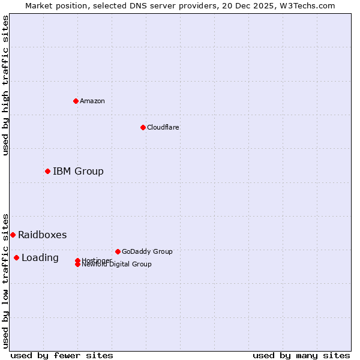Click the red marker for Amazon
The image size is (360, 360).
pyautogui.click(x=76, y=101)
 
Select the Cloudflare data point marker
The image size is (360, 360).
pyautogui.click(x=143, y=127)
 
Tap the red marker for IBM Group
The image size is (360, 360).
pyautogui.click(x=47, y=172)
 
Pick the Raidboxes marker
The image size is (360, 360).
pyautogui.click(x=13, y=235)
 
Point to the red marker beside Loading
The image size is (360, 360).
pyautogui.click(x=16, y=258)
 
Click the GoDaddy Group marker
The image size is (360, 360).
pyautogui.click(x=118, y=251)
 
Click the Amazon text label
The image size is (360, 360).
pyautogui.click(x=92, y=101)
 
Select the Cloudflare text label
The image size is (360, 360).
pyautogui.click(x=163, y=127)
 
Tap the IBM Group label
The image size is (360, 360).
pyautogui.click(x=78, y=172)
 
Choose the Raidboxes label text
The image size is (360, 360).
pyautogui.click(x=42, y=235)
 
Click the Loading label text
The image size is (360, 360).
pyautogui.click(x=40, y=258)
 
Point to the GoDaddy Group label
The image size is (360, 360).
pyautogui.click(x=147, y=252)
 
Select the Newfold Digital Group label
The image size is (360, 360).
pyautogui.click(x=116, y=265)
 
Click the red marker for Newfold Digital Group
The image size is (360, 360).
pyautogui.click(x=77, y=265)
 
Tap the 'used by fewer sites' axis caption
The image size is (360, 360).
pyautogui.click(x=62, y=355)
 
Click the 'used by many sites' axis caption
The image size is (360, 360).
pyautogui.click(x=301, y=355)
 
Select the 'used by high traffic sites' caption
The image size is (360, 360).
pyautogui.click(x=5, y=85)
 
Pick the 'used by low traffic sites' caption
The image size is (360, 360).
pyautogui.click(x=5, y=280)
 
